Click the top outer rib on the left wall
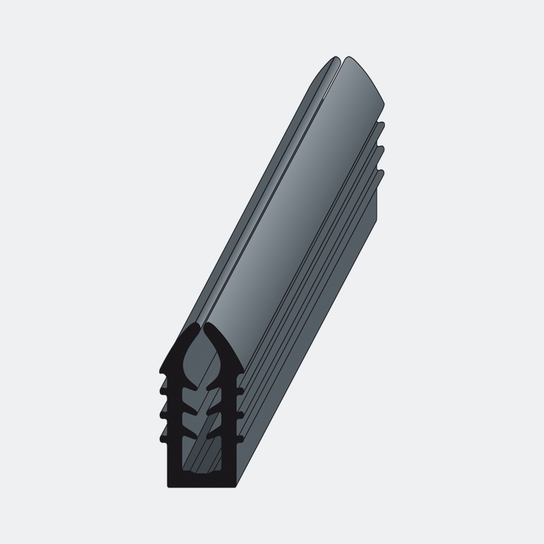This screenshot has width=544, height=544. [162, 390]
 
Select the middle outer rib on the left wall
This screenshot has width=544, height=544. [162, 414]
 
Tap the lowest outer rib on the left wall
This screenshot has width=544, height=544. [162, 438]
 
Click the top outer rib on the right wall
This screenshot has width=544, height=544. [241, 390]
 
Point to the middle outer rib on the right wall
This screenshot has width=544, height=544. [241, 414]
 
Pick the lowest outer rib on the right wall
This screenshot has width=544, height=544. [241, 438]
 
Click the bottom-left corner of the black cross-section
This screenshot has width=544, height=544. [169, 485]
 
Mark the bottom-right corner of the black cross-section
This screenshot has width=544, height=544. [237, 485]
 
